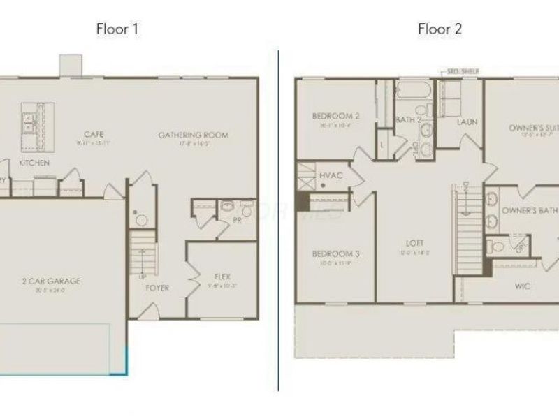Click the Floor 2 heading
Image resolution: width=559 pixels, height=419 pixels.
click(440, 29)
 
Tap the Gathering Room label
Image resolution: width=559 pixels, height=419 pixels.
click(193, 135)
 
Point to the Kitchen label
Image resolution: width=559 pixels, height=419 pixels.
click(34, 163)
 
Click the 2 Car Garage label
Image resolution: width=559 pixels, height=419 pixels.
click(50, 281)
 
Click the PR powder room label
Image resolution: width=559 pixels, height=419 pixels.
click(237, 220)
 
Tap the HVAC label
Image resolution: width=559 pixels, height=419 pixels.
click(331, 175)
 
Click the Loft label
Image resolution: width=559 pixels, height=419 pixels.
click(415, 243)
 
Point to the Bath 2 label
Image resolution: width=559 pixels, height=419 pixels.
click(409, 120)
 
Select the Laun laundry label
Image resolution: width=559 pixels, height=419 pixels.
click(467, 122)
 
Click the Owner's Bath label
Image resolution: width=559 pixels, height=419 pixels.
click(528, 209)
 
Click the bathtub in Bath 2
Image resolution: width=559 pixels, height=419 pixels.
click(414, 91)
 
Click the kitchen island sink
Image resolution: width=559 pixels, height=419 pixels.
click(30, 123)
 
